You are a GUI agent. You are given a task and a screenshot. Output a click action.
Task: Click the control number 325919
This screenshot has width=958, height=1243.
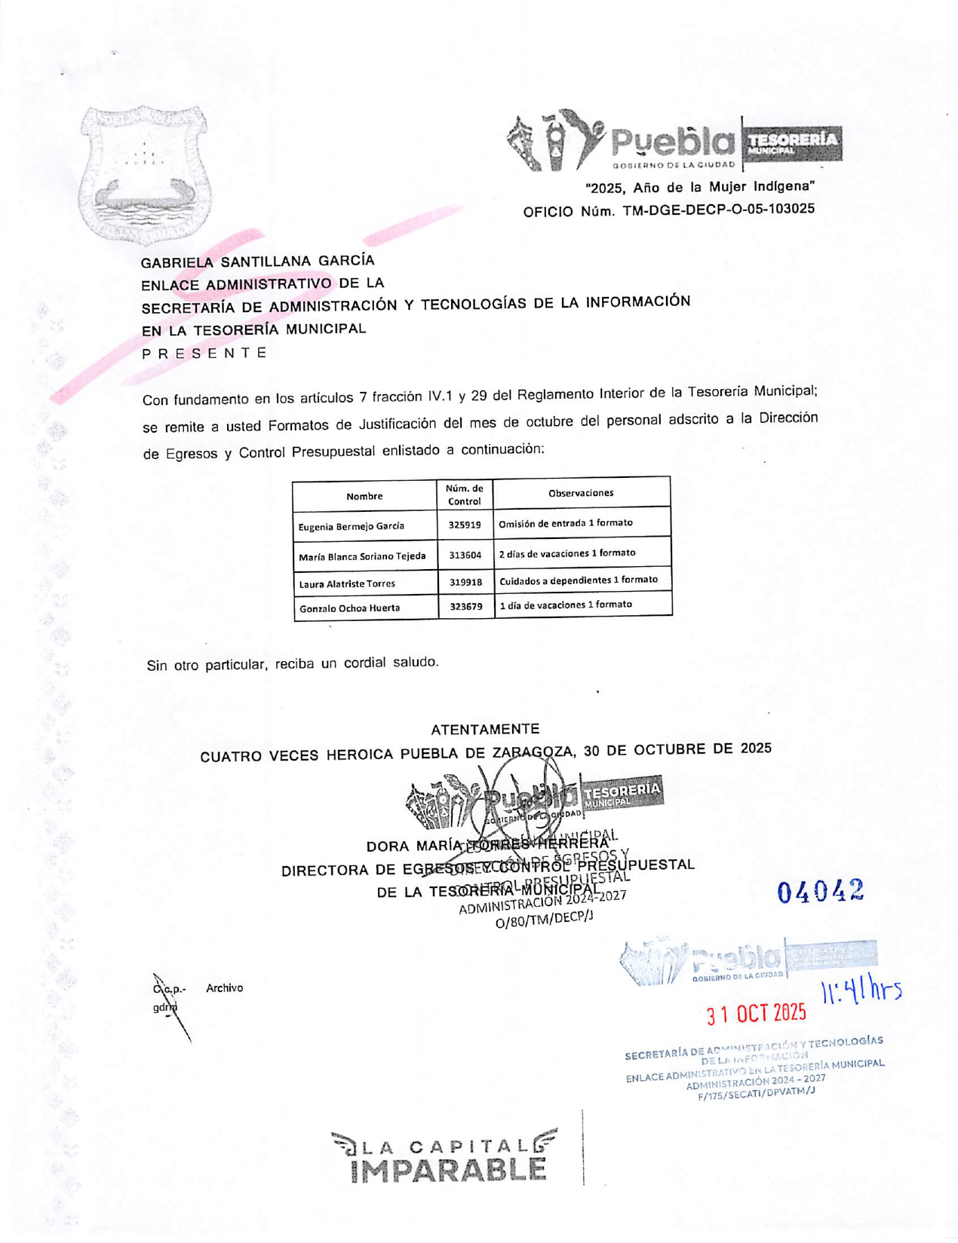pos(465,525)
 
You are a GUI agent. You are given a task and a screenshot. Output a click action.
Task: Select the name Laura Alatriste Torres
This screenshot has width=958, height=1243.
pos(347,583)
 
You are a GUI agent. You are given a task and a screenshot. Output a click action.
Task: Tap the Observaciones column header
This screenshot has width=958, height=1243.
pos(581,493)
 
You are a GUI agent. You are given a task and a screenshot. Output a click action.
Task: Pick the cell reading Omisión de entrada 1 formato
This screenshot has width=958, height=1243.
pos(566,523)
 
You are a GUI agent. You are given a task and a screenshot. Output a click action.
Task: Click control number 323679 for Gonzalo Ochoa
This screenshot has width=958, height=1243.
pos(466,606)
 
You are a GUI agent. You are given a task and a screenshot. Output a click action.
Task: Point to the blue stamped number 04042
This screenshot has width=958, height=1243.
pos(821,892)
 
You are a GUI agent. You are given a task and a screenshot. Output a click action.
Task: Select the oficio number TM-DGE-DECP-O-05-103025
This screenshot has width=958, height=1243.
pos(718,210)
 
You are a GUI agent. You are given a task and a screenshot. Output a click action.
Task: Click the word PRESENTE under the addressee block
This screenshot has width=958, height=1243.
pos(204,353)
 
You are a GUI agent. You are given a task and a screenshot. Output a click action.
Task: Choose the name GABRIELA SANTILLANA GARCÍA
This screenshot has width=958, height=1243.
pos(257,261)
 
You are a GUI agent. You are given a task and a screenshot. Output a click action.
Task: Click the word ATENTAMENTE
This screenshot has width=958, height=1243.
pos(485,729)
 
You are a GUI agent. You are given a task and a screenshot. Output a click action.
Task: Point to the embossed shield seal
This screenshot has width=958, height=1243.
pos(144,175)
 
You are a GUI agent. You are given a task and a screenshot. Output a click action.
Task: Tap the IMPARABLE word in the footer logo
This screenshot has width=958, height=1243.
pos(448,1170)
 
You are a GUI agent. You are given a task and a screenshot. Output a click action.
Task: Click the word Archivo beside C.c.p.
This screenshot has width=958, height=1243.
pos(224,987)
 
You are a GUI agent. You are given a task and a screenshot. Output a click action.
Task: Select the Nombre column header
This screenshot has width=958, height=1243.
pos(364,496)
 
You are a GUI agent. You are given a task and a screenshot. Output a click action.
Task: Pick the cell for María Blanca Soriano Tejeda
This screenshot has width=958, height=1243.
pos(362,556)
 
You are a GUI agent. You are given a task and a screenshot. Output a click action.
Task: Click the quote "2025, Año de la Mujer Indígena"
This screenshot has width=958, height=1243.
pos(700,187)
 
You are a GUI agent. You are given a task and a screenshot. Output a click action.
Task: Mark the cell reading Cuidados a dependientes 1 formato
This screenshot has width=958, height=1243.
pos(579,580)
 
